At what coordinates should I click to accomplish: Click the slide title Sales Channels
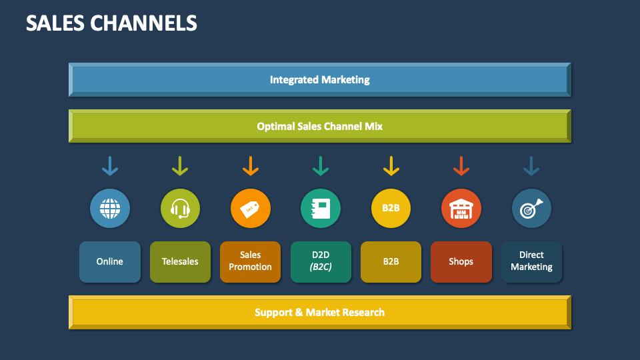click(111, 23)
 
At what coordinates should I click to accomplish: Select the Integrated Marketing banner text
click(319, 79)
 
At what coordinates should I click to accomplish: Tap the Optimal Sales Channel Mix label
click(319, 126)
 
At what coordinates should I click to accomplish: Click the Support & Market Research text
click(319, 312)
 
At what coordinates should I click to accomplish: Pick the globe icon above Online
click(110, 209)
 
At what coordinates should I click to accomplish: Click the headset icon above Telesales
click(180, 209)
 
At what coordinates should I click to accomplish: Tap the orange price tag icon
click(251, 209)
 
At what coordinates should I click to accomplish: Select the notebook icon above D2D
click(321, 209)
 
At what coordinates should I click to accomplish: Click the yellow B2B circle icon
click(391, 209)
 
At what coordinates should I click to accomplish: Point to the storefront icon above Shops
click(461, 209)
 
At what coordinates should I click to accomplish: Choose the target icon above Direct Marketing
click(531, 209)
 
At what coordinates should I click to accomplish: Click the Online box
click(110, 261)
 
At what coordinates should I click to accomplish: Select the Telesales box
click(180, 261)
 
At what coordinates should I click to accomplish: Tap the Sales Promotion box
click(251, 261)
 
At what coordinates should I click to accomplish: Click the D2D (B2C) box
click(321, 261)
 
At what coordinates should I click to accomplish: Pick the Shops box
click(461, 261)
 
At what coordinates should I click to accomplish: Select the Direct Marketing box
click(531, 261)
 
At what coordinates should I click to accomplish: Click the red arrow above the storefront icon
click(461, 166)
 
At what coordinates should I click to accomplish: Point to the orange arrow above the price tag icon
click(251, 166)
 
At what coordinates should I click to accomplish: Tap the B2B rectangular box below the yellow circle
click(391, 261)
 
